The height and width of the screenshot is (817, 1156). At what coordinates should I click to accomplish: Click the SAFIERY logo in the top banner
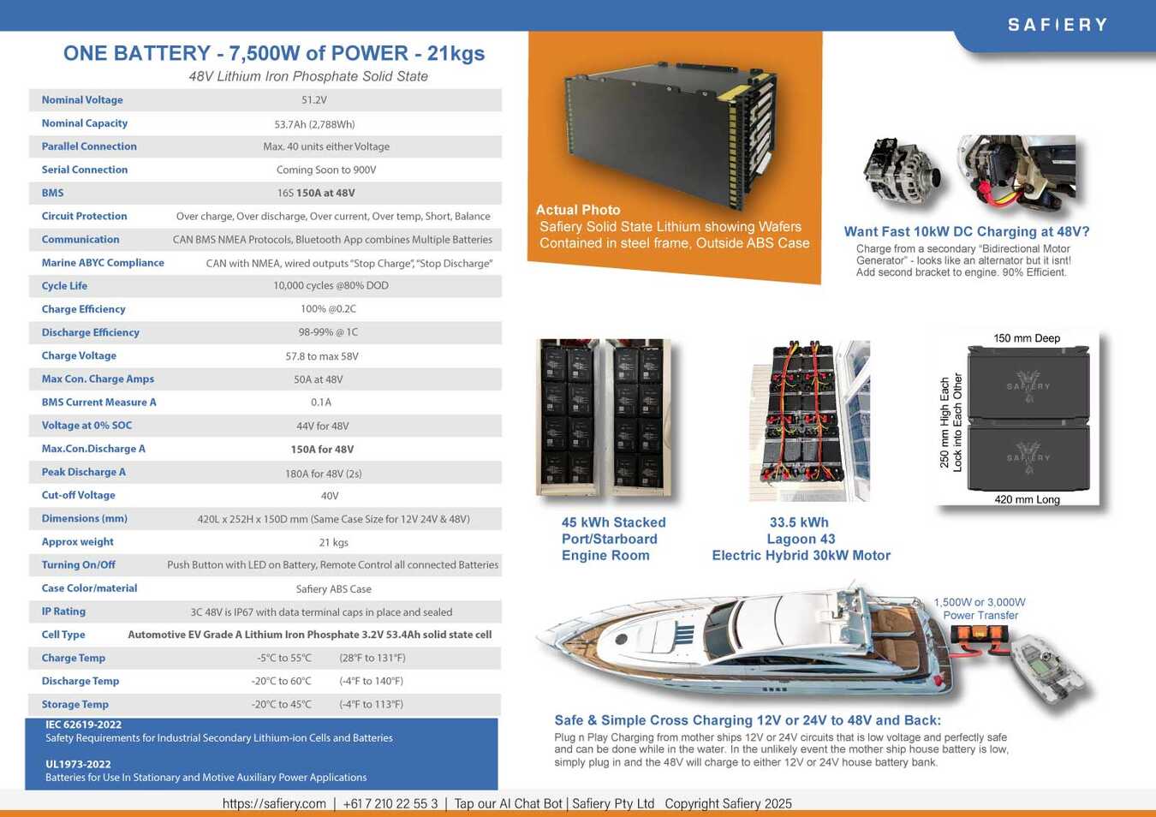click(1058, 25)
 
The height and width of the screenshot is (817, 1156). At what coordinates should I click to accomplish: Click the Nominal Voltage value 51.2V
click(314, 100)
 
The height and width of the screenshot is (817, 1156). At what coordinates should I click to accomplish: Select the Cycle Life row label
click(64, 286)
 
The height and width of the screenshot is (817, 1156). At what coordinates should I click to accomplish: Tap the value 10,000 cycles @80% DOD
click(331, 286)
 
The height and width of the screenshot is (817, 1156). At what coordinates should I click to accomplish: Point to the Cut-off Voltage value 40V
click(330, 496)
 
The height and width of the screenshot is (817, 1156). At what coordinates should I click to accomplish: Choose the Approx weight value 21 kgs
click(333, 543)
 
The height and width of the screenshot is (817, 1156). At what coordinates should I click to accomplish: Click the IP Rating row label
click(63, 611)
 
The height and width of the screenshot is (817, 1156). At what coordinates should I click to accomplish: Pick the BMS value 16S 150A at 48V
click(316, 194)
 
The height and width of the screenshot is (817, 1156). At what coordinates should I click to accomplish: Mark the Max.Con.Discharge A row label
click(93, 449)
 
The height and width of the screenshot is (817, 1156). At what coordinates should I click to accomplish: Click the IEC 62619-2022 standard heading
click(83, 725)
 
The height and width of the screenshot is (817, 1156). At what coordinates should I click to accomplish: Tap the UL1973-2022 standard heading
click(78, 764)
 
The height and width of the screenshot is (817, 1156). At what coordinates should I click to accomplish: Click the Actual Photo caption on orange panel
click(578, 210)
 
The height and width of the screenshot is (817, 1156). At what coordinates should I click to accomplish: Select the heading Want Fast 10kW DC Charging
click(967, 231)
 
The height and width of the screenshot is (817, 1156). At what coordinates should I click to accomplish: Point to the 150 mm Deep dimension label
click(1027, 338)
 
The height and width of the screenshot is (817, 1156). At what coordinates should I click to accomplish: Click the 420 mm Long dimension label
click(1027, 499)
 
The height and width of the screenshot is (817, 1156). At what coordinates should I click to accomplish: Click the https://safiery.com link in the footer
click(274, 803)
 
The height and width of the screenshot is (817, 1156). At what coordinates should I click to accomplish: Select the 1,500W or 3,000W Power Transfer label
click(980, 609)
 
